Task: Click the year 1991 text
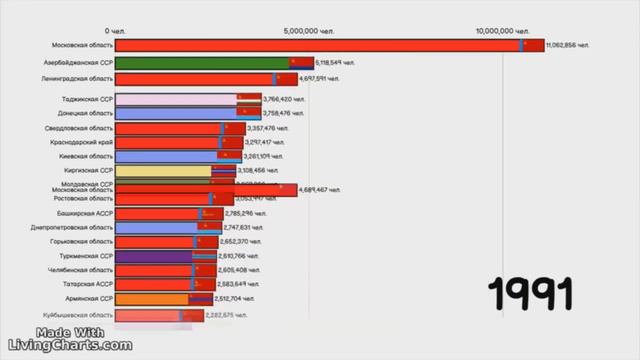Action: pos(531,295)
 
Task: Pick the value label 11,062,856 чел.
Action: pos(568,46)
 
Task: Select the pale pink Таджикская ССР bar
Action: pos(175,99)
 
